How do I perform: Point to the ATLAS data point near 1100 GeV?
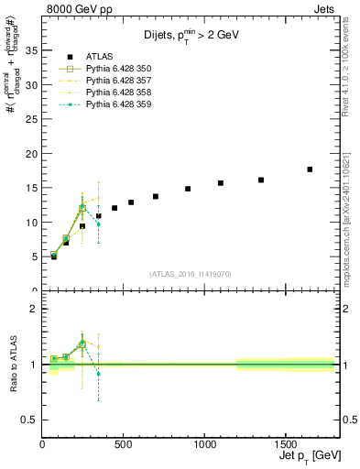(221, 183)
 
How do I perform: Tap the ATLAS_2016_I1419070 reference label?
(189, 273)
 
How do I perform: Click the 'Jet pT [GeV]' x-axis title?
(307, 454)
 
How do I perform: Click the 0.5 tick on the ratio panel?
(28, 420)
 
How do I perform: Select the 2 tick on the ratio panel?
(33, 309)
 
